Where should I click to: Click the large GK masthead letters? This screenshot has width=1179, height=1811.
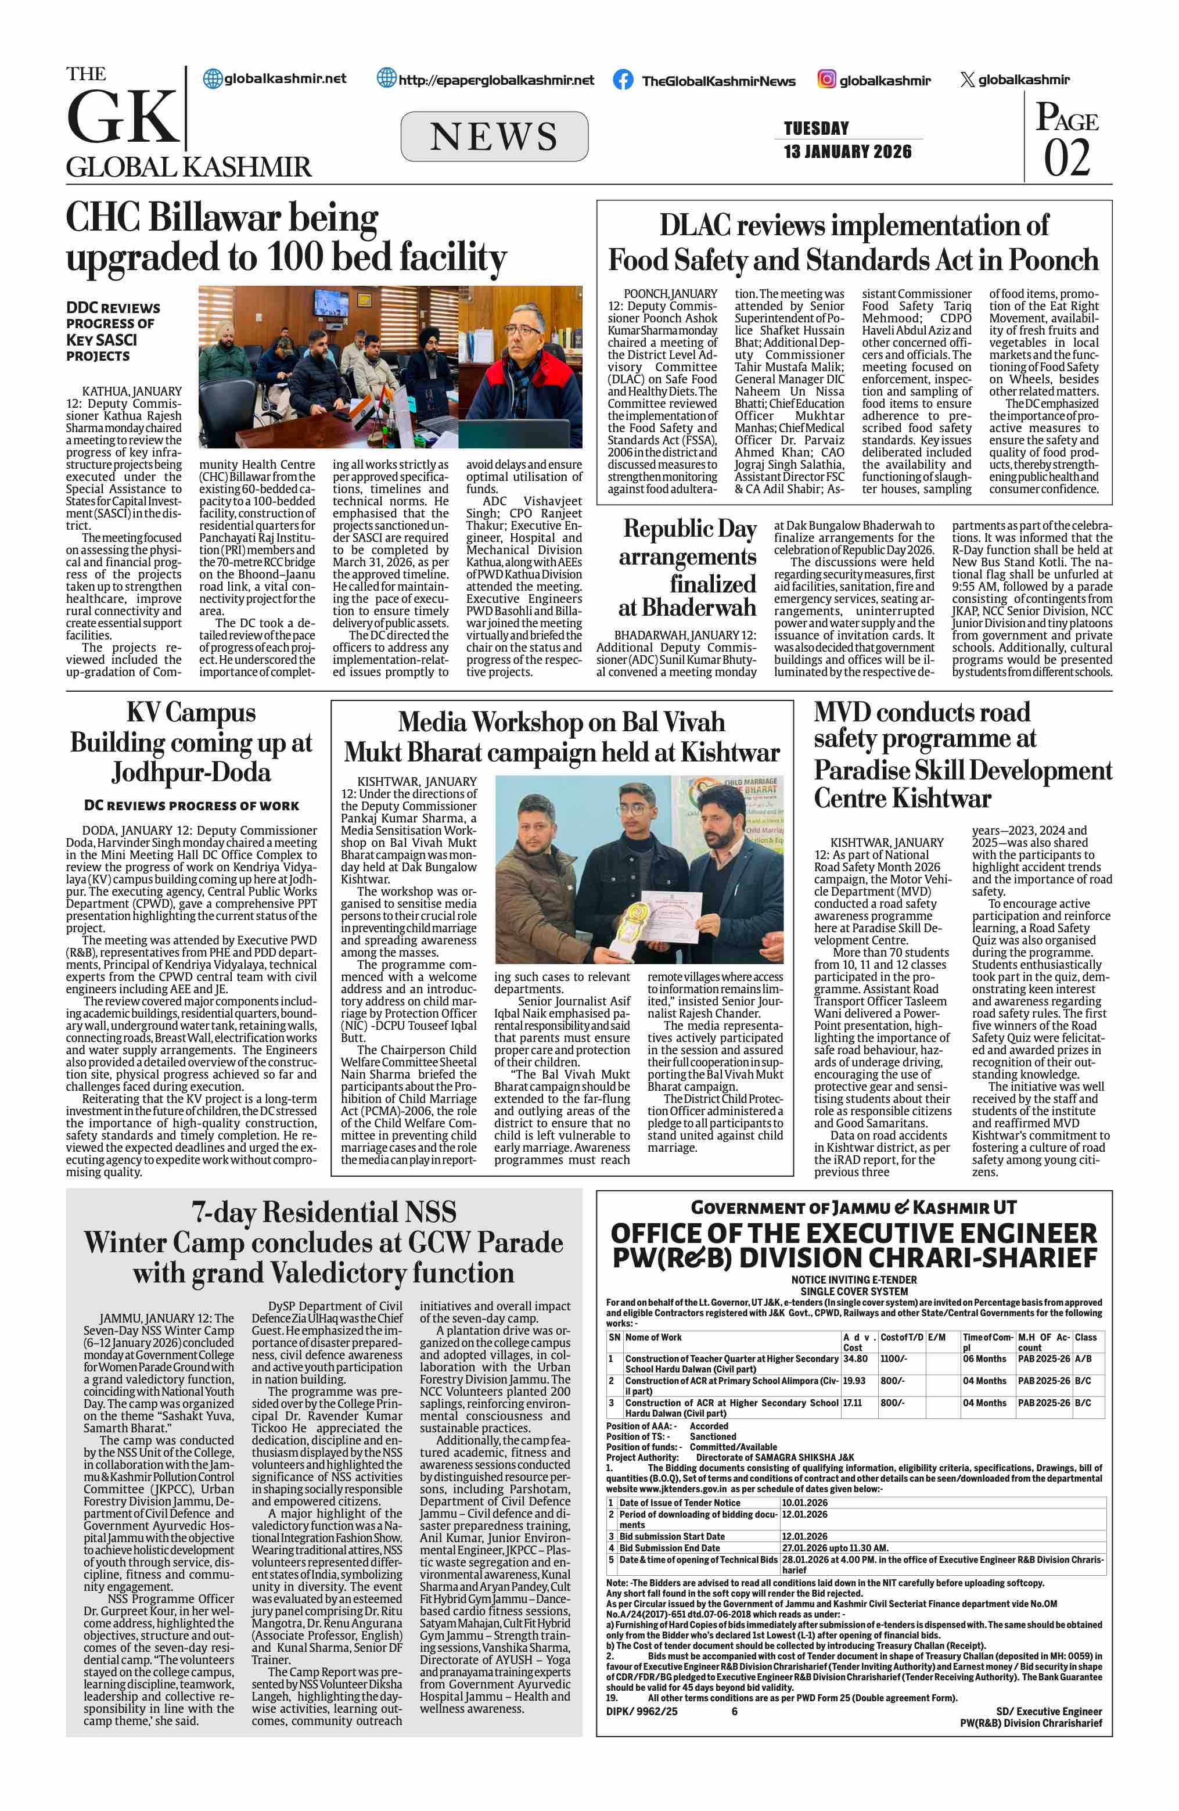click(x=123, y=117)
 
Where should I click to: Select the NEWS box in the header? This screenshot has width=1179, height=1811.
click(x=494, y=136)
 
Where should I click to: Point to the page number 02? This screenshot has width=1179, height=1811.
click(x=1066, y=157)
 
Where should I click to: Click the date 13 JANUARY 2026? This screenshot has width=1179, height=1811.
click(x=847, y=152)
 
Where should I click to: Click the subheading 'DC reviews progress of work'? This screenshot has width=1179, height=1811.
click(x=191, y=805)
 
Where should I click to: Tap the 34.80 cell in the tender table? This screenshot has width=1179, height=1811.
click(x=855, y=1358)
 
